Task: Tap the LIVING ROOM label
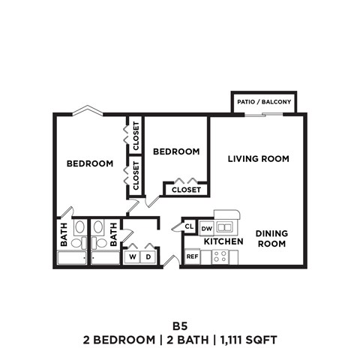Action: point(259,158)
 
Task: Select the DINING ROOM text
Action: point(271,238)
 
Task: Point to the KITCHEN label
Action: point(223,241)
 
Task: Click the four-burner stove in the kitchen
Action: point(220,256)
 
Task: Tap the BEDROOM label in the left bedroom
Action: point(90,163)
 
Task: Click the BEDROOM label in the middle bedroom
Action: point(176,151)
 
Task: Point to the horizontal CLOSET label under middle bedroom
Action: point(186,190)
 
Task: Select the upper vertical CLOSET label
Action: point(136,135)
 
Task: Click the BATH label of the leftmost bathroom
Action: point(64,232)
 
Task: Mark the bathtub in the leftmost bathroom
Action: point(72,259)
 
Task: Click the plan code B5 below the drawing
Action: point(179,326)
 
